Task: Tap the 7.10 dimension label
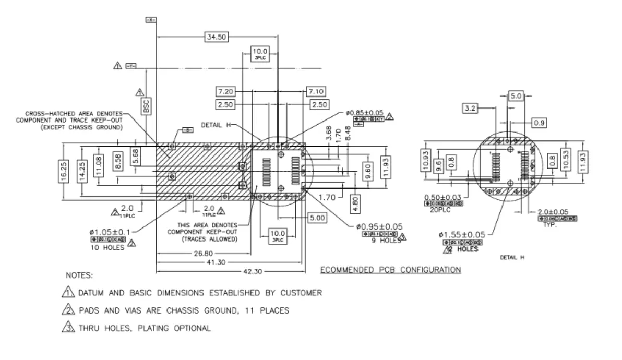[x=317, y=92]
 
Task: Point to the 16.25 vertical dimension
[x=63, y=170]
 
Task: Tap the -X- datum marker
[x=151, y=20]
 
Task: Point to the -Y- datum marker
[x=131, y=66]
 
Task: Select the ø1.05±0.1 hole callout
[x=111, y=231]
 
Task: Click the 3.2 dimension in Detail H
[x=470, y=109]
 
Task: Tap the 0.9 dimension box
[x=539, y=123]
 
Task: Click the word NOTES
[x=79, y=275]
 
